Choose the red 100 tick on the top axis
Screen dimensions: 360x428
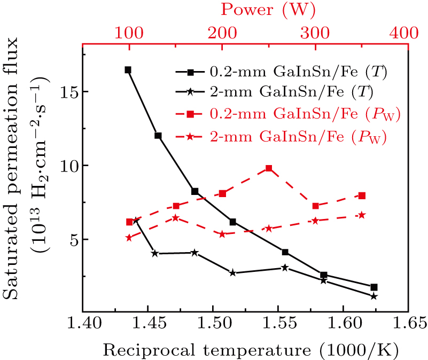(128, 33)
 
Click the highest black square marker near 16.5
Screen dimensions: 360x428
(128, 70)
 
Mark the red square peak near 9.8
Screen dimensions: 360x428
(269, 168)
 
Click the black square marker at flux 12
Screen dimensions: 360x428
(158, 136)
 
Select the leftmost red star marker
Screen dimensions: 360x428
(129, 238)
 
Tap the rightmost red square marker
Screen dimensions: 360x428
(362, 195)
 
